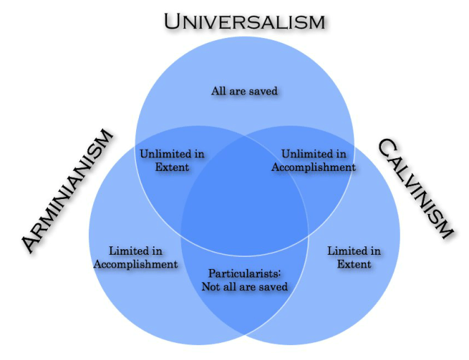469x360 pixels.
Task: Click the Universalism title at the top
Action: tap(245, 20)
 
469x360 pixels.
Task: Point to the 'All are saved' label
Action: tap(244, 90)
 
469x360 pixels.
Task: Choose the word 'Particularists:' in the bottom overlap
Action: tap(244, 273)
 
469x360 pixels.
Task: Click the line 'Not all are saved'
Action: tap(244, 287)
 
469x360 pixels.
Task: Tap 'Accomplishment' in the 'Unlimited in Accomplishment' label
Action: tap(314, 167)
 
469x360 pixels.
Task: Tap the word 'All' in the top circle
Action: tap(219, 90)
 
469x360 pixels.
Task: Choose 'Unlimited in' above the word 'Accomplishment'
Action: tap(314, 154)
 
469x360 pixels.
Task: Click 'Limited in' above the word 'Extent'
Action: tap(355, 251)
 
